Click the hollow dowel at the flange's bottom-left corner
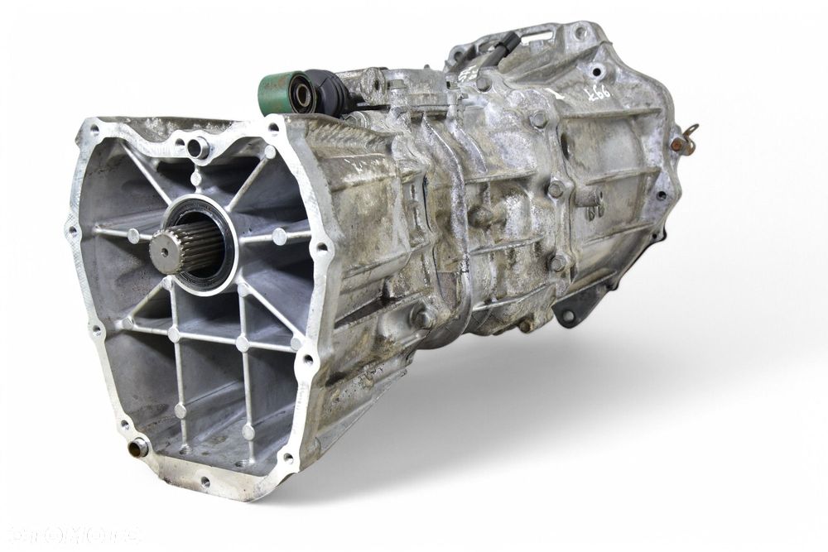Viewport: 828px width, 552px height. pos(137,448)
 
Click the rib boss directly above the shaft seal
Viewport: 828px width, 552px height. pos(195,177)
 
